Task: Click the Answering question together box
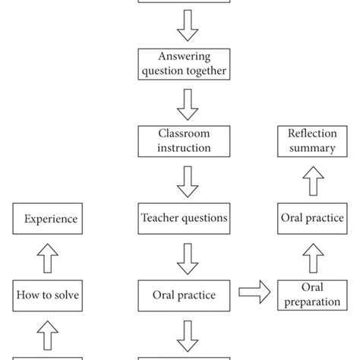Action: (x=183, y=64)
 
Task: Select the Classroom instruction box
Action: (x=183, y=141)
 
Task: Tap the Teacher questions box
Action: (x=183, y=218)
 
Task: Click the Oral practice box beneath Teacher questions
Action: (x=183, y=293)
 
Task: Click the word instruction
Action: (x=183, y=148)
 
